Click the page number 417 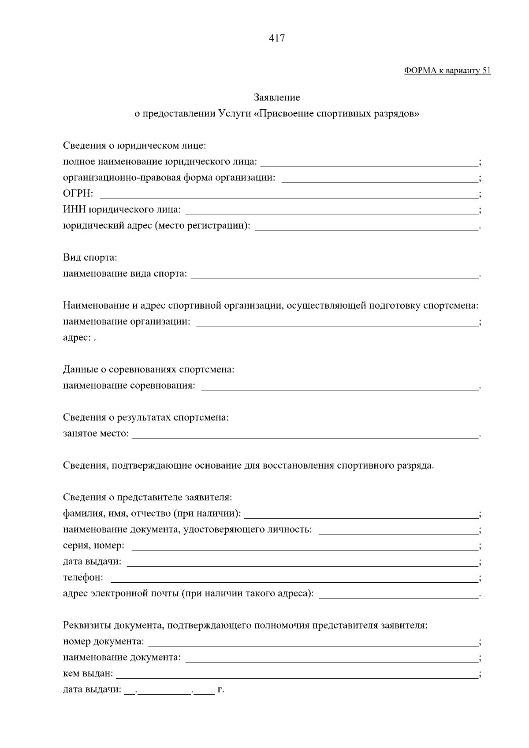click(277, 38)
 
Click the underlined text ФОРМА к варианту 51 click(447, 71)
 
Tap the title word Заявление click(277, 97)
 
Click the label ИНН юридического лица click(122, 210)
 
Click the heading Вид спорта click(90, 257)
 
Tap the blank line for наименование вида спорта click(335, 275)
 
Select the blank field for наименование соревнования click(339, 387)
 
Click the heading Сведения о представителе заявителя click(147, 498)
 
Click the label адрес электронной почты click(188, 594)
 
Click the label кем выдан click(88, 674)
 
